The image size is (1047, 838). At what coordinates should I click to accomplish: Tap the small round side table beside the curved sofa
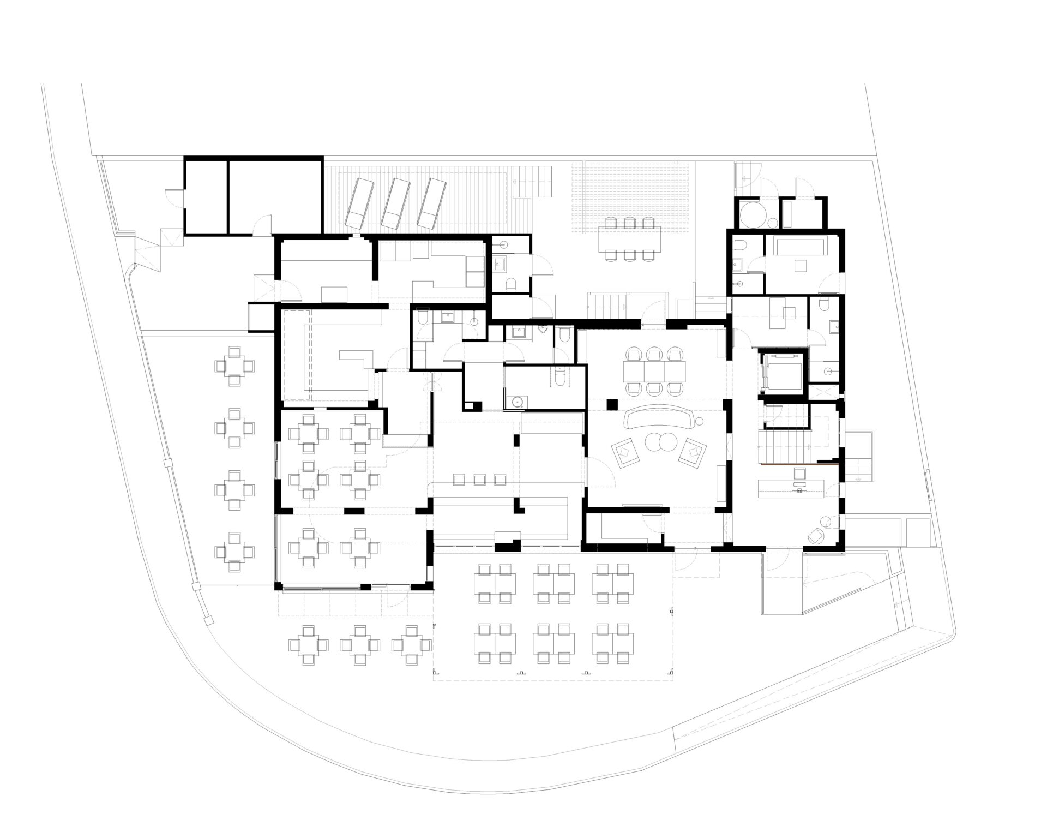[x=700, y=420]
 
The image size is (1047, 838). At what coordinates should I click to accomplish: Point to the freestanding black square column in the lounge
[x=612, y=404]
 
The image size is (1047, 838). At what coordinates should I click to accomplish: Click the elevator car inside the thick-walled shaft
[x=781, y=372]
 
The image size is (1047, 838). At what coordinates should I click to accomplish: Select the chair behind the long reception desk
[x=799, y=474]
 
